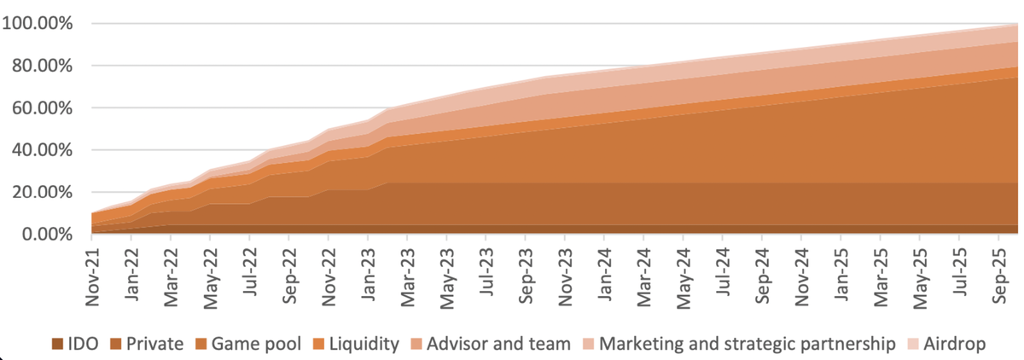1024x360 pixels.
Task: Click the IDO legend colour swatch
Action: (x=57, y=345)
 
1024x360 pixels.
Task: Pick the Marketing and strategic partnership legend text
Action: (x=748, y=345)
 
